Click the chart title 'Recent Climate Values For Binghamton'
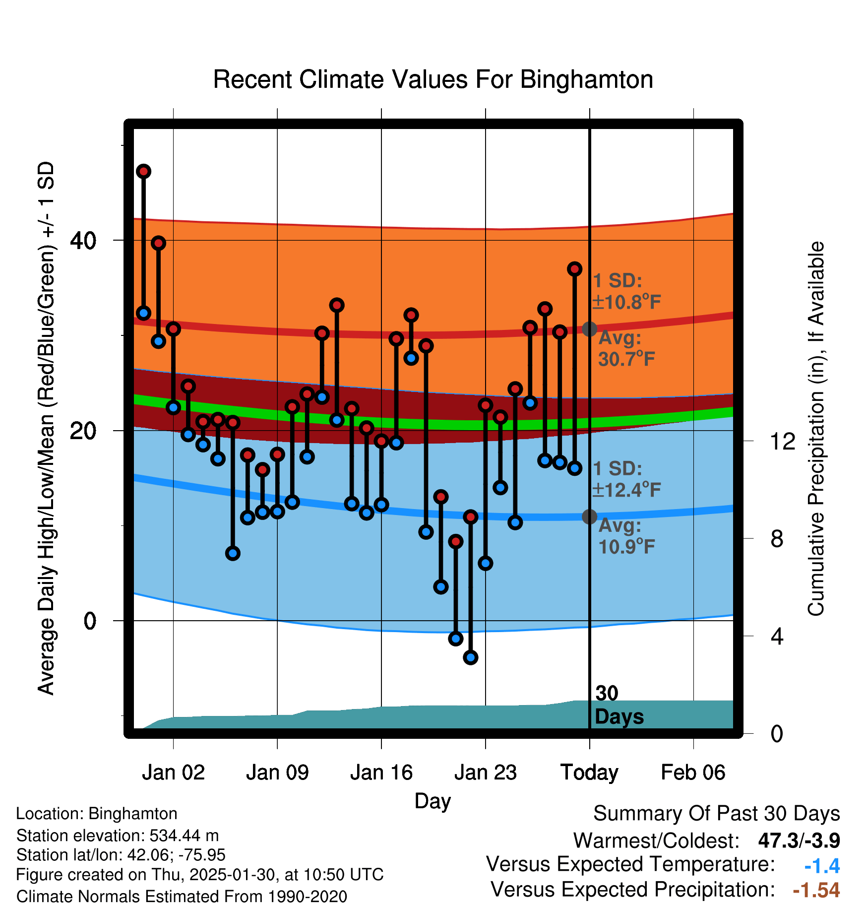[433, 80]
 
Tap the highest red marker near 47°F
[144, 172]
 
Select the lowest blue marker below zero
[471, 657]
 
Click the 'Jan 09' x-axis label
[277, 773]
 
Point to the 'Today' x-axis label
[589, 773]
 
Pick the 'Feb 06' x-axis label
[693, 773]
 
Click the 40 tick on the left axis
[83, 241]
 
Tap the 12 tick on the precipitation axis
[783, 441]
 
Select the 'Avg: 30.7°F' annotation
[626, 348]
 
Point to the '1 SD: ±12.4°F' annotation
[626, 479]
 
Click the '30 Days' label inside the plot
[619, 705]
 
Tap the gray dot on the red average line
[589, 328]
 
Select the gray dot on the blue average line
[589, 517]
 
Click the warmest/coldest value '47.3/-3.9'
[799, 841]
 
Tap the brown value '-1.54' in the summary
[816, 890]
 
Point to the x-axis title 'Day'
[433, 801]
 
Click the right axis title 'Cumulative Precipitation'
[816, 429]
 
